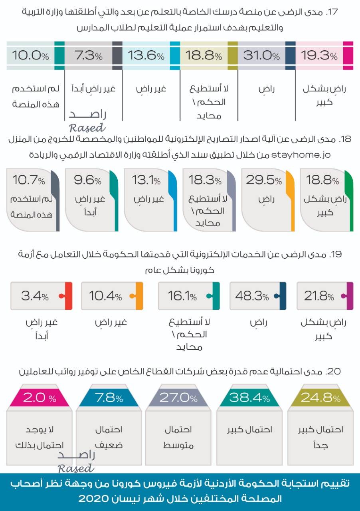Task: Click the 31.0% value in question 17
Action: click(261, 55)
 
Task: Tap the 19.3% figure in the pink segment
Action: click(319, 55)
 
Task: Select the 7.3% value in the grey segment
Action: click(88, 55)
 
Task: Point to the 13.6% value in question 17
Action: click(146, 55)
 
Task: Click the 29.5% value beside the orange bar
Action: click(263, 180)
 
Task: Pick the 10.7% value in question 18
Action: click(29, 180)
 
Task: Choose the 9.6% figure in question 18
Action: click(87, 180)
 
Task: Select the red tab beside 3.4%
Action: click(68, 296)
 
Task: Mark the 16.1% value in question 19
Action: click(182, 296)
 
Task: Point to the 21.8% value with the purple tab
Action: click(319, 296)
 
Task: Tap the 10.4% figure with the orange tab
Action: click(105, 296)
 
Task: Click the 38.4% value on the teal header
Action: click(250, 398)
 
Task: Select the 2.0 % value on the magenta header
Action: click(40, 398)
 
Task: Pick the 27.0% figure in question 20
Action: click(178, 398)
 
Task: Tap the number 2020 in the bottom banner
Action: click(96, 498)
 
